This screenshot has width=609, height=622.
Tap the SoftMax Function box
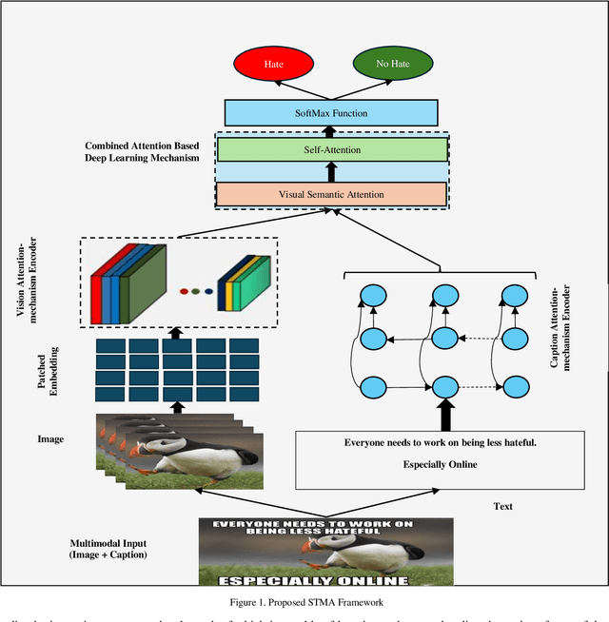click(331, 113)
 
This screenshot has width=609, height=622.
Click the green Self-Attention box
click(331, 149)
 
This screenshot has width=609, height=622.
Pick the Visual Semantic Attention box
click(331, 194)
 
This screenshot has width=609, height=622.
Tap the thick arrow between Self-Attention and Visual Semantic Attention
click(331, 172)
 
